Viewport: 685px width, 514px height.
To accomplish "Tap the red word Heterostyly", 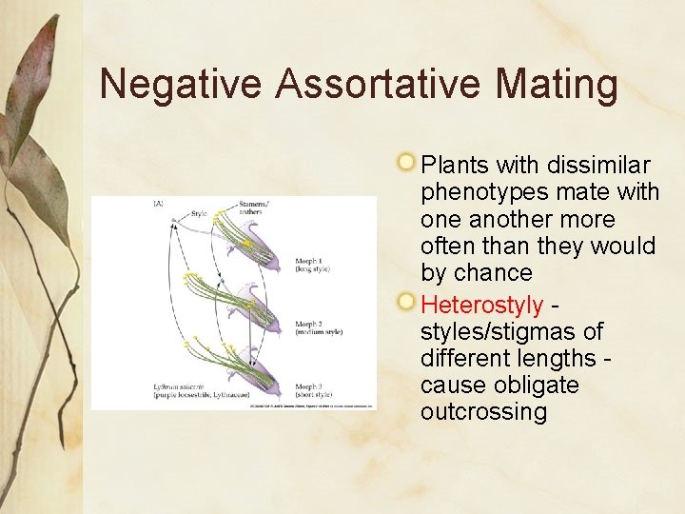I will click(x=481, y=306).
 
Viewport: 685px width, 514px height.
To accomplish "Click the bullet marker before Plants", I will click(x=407, y=161).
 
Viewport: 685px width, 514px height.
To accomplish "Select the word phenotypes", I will click(x=484, y=192).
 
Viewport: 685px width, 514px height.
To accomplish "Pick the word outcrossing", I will click(x=483, y=411).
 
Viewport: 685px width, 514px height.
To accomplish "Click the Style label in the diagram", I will click(x=199, y=214).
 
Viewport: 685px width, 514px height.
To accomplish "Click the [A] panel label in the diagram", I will click(x=158, y=204).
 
